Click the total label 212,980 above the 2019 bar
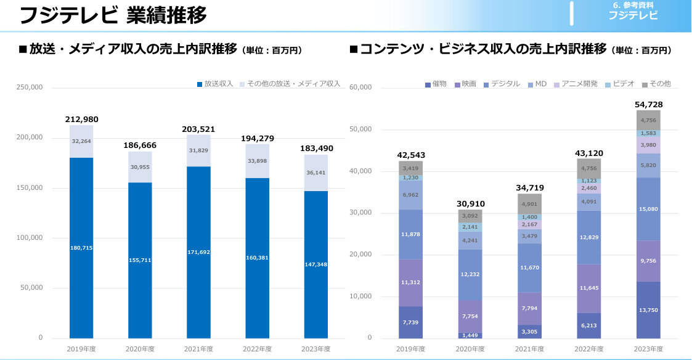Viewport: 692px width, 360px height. click(x=81, y=120)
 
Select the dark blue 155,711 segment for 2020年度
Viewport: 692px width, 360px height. click(x=140, y=260)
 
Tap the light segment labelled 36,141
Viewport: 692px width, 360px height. click(x=316, y=173)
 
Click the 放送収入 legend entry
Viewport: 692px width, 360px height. click(x=215, y=84)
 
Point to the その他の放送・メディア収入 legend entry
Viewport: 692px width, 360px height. click(x=290, y=84)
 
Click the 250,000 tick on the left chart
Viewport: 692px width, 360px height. click(x=30, y=88)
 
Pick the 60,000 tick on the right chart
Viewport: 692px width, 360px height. click(x=360, y=88)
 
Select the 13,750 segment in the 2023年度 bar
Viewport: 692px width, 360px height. click(x=648, y=310)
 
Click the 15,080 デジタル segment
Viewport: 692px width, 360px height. click(x=648, y=209)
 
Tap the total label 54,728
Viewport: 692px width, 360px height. click(x=648, y=105)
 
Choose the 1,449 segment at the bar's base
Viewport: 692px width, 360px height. click(x=470, y=335)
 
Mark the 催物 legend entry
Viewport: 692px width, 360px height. click(x=436, y=84)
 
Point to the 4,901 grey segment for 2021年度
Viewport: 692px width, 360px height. click(x=529, y=204)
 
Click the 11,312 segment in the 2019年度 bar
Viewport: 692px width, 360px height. click(x=410, y=283)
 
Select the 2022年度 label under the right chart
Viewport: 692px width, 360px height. click(x=589, y=349)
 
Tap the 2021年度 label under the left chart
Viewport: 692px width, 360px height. click(x=198, y=349)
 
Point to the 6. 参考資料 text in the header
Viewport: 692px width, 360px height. click(x=633, y=6)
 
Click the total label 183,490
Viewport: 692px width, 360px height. click(x=316, y=149)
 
